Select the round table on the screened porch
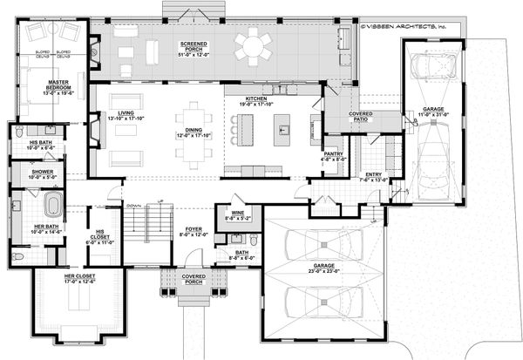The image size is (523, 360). click(254, 44)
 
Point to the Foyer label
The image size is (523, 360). click(194, 230)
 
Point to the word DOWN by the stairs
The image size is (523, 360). click(133, 206)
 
